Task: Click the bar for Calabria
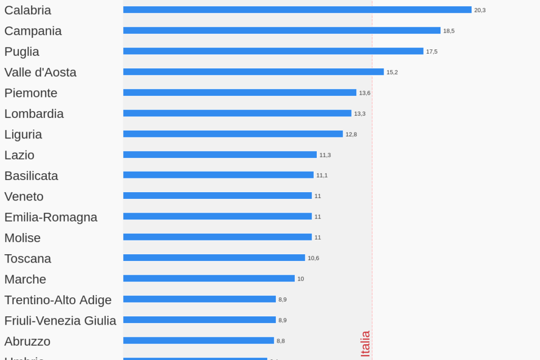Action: coord(297,10)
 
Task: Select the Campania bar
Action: coord(282,31)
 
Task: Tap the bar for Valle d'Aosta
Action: coord(253,72)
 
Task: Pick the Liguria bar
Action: coord(233,134)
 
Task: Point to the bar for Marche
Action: coord(208,278)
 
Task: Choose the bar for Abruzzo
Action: coord(198,341)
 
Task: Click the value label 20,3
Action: coord(479,10)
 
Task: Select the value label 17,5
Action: coord(432,52)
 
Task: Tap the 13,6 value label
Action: coord(365,93)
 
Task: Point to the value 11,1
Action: coord(322,175)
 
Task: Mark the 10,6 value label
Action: coord(313,258)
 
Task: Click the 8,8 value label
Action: coord(281,341)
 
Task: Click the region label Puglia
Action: coord(22,52)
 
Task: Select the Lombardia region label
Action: coord(34,114)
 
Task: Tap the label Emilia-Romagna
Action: coord(51,217)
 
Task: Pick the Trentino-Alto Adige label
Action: coord(58,300)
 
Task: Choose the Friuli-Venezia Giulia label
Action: coord(60,321)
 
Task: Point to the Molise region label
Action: coord(22,238)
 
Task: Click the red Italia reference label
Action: coord(365,344)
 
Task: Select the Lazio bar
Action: coord(219,155)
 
